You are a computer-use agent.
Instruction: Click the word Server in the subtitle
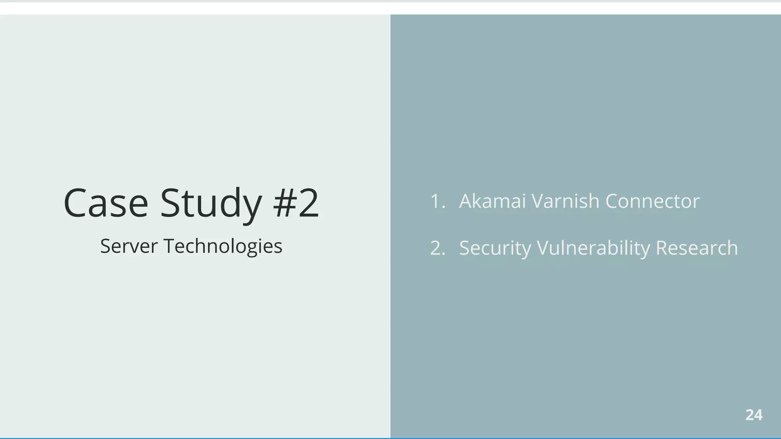(x=129, y=246)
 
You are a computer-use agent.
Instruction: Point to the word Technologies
(x=223, y=246)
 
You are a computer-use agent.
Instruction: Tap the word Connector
(x=652, y=201)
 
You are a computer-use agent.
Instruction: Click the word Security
(x=495, y=248)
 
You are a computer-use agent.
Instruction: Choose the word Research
(x=697, y=248)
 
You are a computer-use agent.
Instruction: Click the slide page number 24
(x=754, y=415)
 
